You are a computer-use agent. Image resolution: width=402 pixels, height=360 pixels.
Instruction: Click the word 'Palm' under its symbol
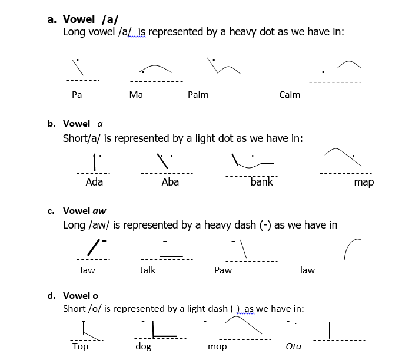198,94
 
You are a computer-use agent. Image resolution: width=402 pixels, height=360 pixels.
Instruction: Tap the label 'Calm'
290,94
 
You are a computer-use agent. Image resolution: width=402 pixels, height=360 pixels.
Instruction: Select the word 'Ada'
94,182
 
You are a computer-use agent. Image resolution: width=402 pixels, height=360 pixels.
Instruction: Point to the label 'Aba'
170,182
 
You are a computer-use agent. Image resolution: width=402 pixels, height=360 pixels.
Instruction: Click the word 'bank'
262,182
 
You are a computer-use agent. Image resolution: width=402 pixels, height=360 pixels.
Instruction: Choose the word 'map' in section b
364,182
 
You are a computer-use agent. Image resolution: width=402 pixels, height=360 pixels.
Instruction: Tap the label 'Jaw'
87,270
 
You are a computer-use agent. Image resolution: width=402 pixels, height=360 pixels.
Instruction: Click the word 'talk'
148,270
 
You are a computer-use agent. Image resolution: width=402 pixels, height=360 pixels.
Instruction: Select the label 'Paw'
223,270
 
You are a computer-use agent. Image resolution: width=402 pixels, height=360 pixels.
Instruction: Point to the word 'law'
307,270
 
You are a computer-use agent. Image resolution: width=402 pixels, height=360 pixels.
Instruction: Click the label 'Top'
80,346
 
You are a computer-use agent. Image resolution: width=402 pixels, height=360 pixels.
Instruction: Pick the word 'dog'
144,346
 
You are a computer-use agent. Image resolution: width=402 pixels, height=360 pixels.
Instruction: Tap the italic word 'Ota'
293,346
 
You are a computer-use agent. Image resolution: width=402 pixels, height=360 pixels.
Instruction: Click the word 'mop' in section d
217,346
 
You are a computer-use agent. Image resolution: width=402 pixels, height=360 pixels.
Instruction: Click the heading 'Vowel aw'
85,210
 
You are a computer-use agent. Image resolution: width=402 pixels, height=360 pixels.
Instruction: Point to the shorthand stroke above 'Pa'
78,67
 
